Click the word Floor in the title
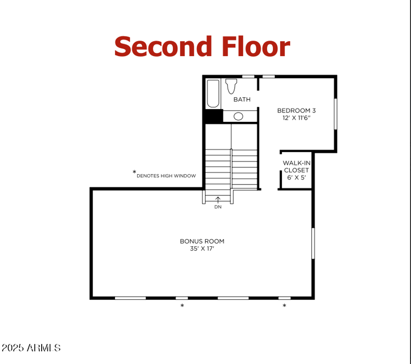tap(256, 46)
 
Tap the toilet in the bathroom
tap(231, 85)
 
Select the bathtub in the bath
tap(213, 93)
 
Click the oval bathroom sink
tap(238, 116)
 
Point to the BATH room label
tap(242, 99)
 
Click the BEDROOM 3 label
tap(296, 110)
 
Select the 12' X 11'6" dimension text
tap(296, 118)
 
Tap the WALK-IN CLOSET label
tap(296, 167)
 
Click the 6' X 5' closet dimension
tap(296, 177)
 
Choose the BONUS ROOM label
tap(202, 241)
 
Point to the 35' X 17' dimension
tap(202, 249)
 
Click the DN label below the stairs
tap(218, 207)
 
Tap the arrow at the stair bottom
tap(218, 199)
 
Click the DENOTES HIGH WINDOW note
tap(166, 176)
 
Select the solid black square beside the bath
tap(213, 116)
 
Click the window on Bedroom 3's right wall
tap(335, 114)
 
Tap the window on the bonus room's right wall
tap(312, 243)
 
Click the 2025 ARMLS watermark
tap(31, 348)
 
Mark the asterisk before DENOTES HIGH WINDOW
tap(134, 172)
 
